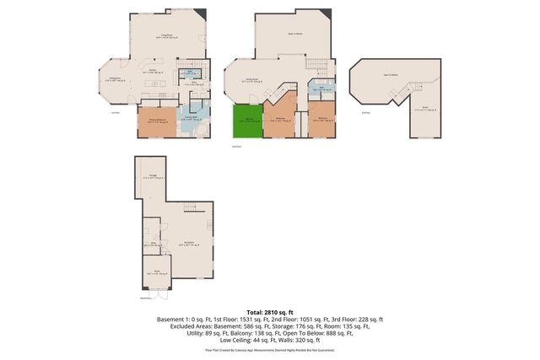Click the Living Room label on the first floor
(170, 36)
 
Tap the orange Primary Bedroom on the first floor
(156, 121)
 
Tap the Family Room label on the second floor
(251, 81)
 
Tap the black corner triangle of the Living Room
(200, 14)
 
